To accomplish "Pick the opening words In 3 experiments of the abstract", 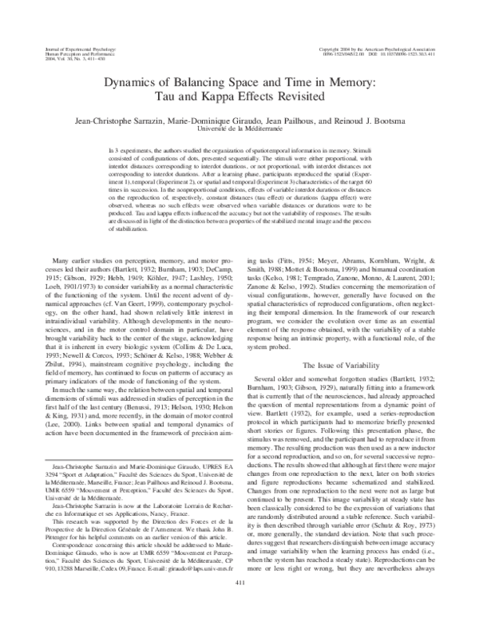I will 124,150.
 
